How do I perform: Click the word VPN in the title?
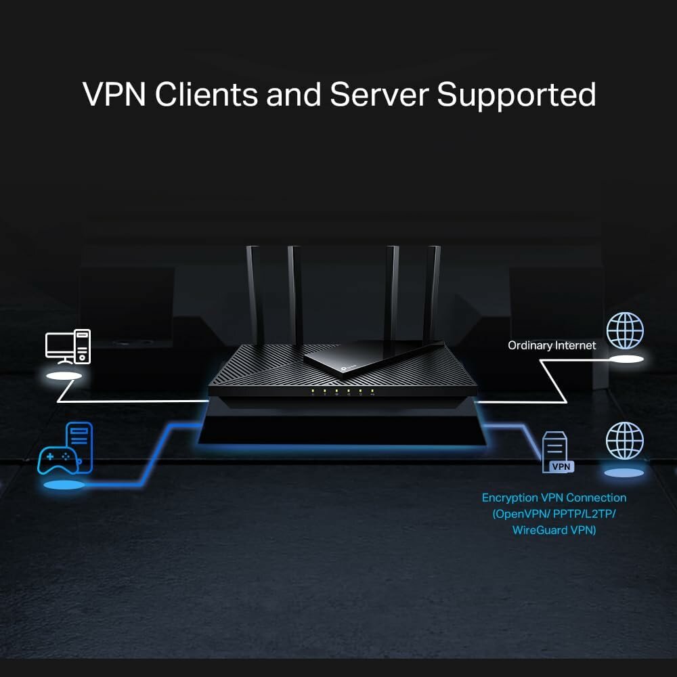(x=114, y=95)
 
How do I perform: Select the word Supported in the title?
(x=517, y=95)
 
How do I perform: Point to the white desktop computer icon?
(x=68, y=346)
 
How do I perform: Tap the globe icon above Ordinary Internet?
(x=624, y=330)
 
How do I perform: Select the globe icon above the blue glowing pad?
(x=624, y=440)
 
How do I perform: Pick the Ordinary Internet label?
(x=552, y=345)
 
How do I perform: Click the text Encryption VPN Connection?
(x=554, y=498)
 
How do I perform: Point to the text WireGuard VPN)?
(x=554, y=530)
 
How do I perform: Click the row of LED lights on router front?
(x=343, y=391)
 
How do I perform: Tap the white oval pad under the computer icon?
(x=65, y=374)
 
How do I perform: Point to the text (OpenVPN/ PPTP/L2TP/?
(x=554, y=514)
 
